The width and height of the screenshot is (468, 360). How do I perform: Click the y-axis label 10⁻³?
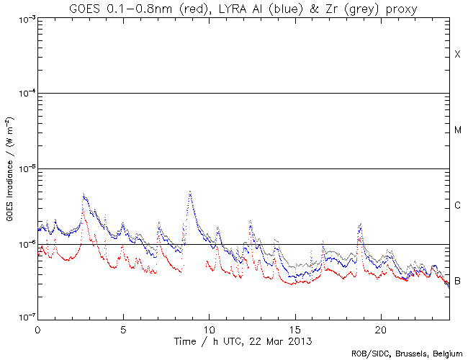click(23, 19)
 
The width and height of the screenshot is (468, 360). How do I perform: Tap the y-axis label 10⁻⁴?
click(23, 94)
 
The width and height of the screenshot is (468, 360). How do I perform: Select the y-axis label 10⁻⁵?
click(23, 169)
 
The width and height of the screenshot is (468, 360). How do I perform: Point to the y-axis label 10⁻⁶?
click(23, 244)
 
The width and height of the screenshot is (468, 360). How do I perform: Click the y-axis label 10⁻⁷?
click(23, 317)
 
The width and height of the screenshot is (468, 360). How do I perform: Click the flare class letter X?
click(457, 55)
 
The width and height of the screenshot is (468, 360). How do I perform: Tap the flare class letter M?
click(457, 131)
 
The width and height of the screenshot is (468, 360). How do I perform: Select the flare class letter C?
click(457, 207)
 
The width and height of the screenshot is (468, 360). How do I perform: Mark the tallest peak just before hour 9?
click(190, 192)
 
